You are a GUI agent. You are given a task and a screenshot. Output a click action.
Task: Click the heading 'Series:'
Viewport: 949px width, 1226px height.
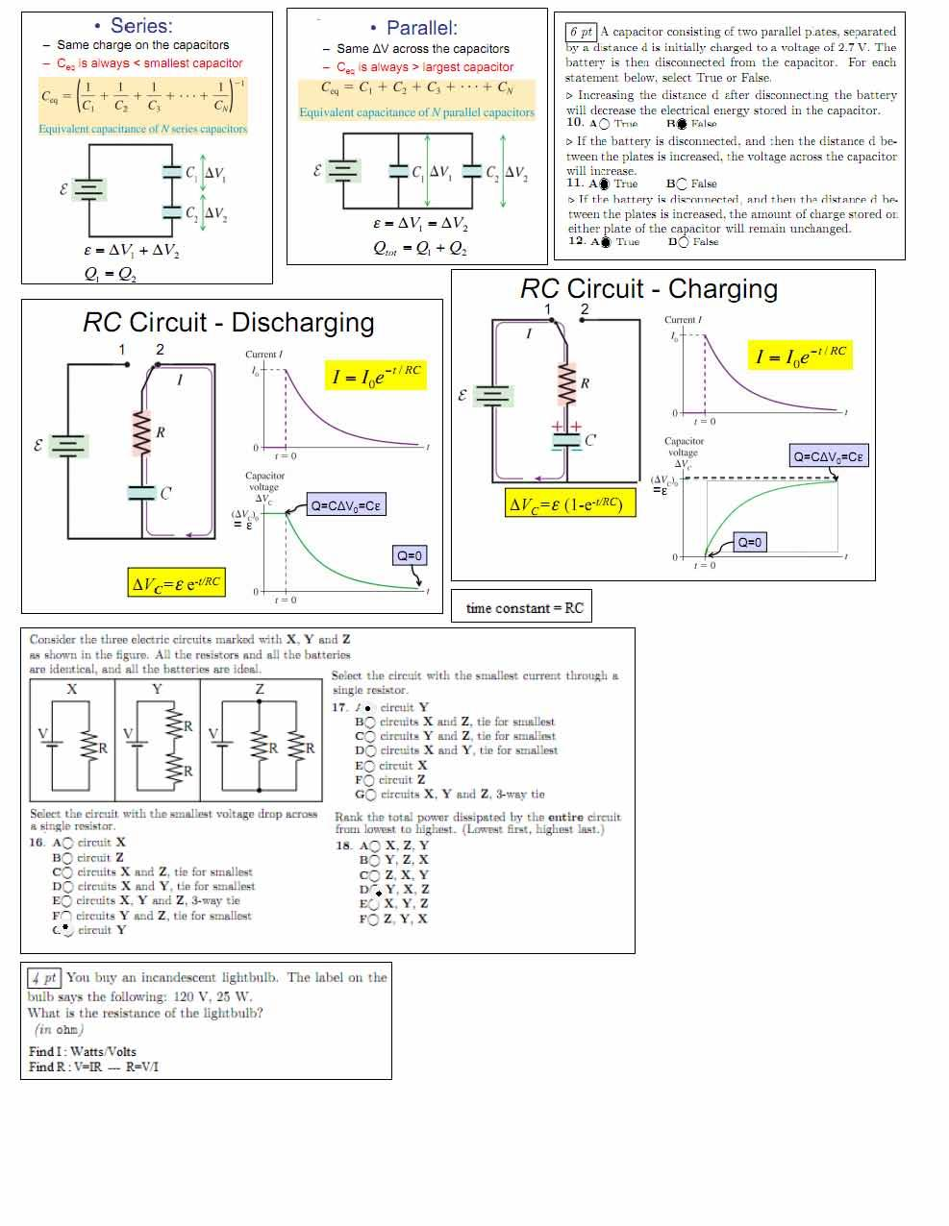141,26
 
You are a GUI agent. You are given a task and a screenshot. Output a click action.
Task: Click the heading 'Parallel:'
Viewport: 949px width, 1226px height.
421,28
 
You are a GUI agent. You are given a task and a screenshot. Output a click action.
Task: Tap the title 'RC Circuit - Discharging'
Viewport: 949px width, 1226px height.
228,323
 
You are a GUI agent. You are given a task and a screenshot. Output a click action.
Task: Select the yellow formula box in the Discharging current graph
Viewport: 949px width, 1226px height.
376,375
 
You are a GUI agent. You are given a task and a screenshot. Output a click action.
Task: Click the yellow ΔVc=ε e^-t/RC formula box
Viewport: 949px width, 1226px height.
176,582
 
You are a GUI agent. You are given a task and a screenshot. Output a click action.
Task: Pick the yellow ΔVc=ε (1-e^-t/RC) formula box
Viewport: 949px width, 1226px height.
571,503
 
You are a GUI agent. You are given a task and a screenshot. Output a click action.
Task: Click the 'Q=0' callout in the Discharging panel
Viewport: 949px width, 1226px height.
409,555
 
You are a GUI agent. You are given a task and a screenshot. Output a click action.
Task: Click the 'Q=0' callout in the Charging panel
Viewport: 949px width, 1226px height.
749,543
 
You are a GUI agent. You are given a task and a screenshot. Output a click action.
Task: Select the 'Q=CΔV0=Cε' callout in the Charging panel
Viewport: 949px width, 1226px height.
828,456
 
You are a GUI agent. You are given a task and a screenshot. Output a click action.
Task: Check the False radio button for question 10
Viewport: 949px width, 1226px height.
681,124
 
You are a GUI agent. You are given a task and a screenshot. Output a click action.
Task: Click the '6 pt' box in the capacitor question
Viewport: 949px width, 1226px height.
581,32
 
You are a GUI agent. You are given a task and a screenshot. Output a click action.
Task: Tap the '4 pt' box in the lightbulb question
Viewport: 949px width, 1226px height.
44,978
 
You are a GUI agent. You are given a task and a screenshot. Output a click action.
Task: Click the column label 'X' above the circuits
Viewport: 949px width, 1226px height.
72,689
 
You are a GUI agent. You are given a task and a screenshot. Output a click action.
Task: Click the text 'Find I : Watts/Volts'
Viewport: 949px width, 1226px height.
83,1051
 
